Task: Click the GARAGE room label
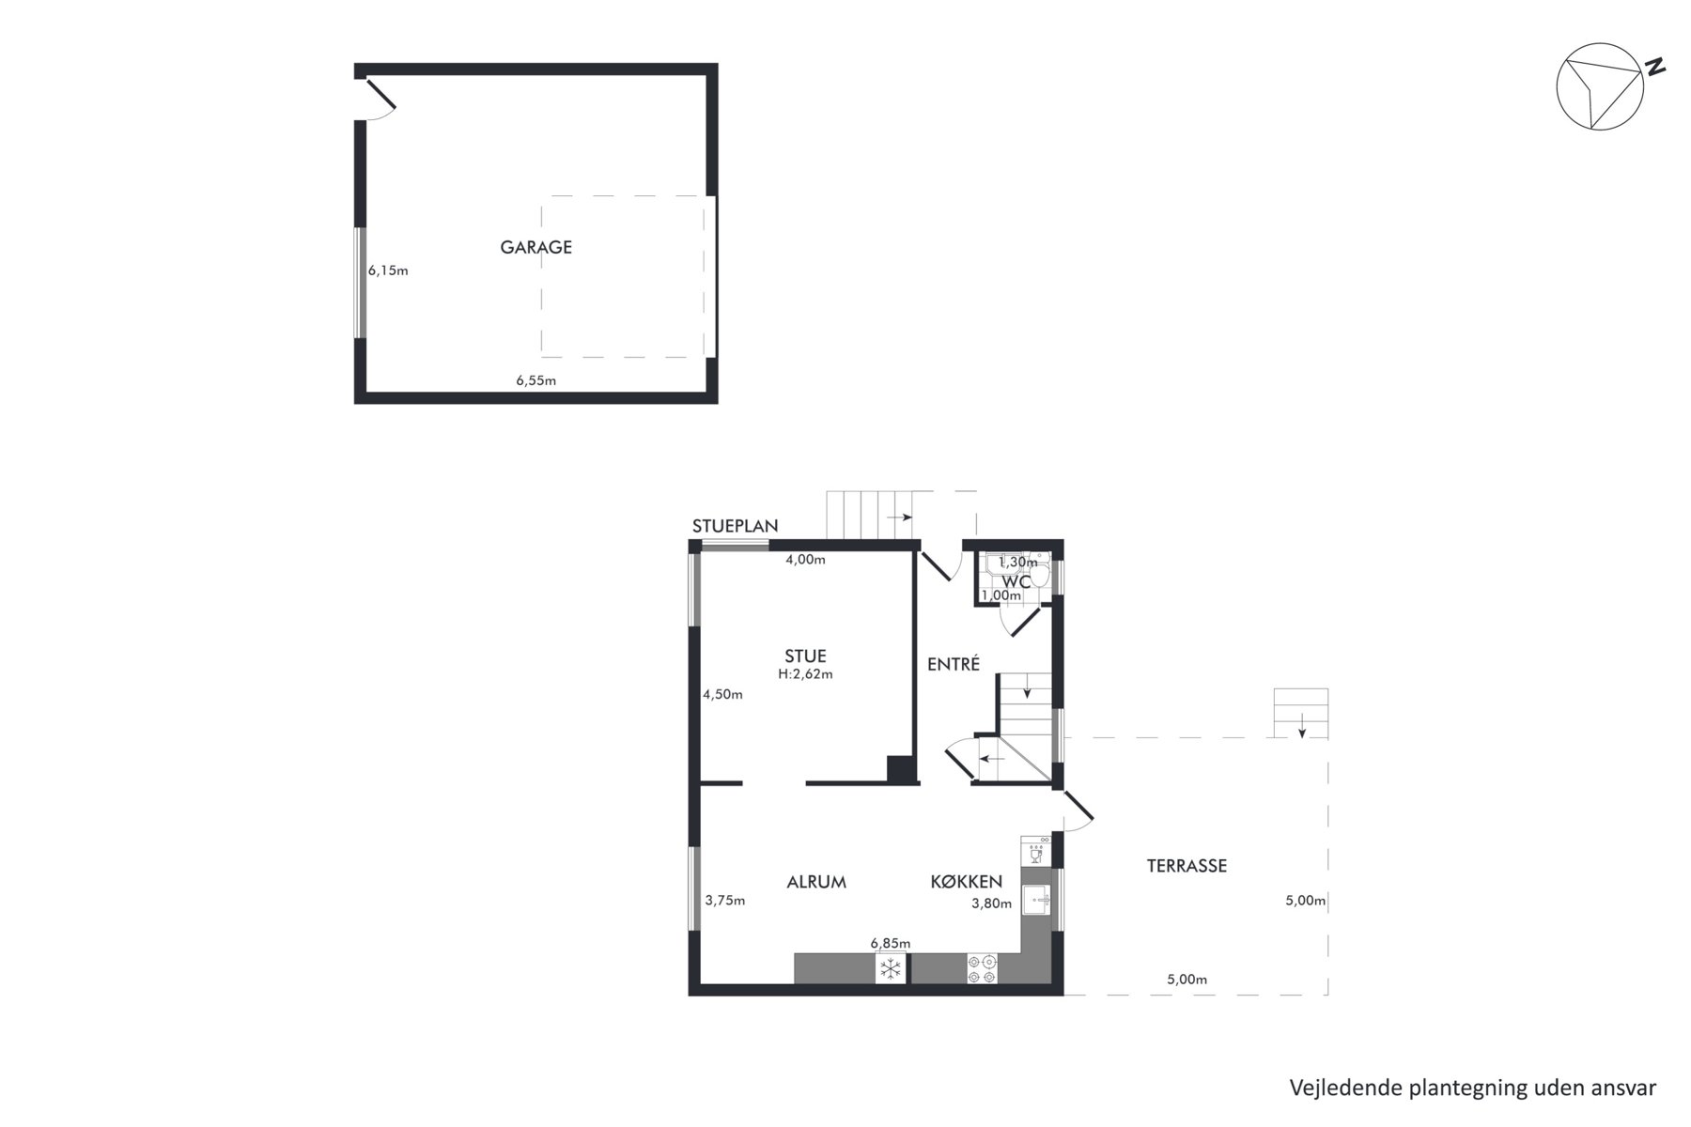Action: coord(535,247)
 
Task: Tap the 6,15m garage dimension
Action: coord(388,270)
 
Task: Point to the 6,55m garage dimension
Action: coord(535,380)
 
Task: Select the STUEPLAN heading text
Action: coord(735,526)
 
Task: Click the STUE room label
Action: coord(805,656)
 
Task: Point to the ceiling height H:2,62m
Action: coord(805,674)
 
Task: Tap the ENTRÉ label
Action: coord(954,664)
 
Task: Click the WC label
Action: coord(1016,581)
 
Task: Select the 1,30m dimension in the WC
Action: coord(1017,563)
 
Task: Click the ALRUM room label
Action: coord(816,882)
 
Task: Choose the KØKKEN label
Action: coord(966,882)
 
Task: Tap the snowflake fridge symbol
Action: coord(891,968)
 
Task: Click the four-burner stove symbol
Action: coord(982,969)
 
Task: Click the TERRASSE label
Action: coord(1187,866)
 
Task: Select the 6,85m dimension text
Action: coord(890,943)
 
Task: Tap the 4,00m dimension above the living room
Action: coord(805,560)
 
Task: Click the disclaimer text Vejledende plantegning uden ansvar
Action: coord(1472,1088)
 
